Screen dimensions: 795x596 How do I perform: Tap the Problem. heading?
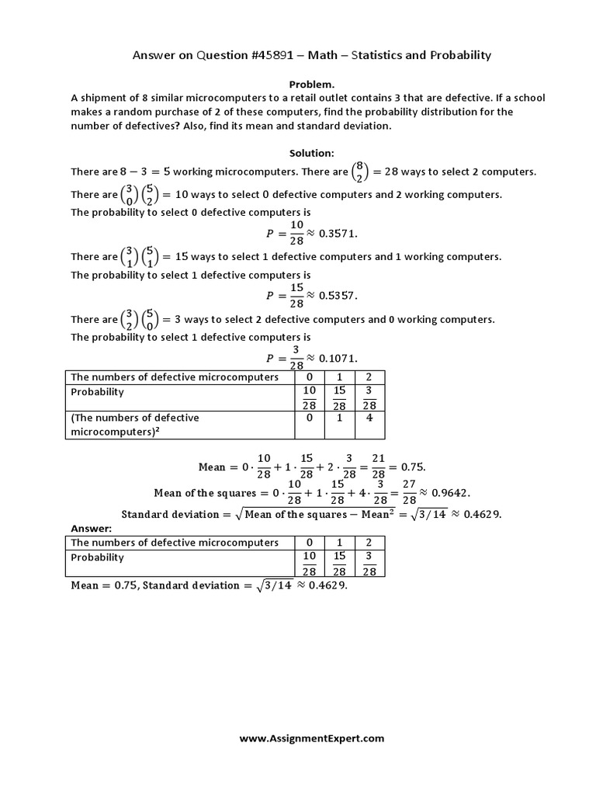[x=312, y=84]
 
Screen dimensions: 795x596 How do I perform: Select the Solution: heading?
[x=312, y=154]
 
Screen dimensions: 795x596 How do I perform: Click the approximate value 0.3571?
[x=332, y=232]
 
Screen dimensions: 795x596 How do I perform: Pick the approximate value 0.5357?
[x=332, y=295]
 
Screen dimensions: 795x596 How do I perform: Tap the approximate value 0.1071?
[x=332, y=358]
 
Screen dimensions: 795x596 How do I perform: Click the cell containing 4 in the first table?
[x=369, y=418]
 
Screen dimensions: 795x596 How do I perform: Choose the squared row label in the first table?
[x=135, y=424]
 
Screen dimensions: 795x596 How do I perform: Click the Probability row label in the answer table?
[x=98, y=557]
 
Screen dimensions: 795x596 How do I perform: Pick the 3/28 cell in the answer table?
[x=369, y=564]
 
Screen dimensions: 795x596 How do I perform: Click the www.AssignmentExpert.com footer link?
[x=311, y=739]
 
